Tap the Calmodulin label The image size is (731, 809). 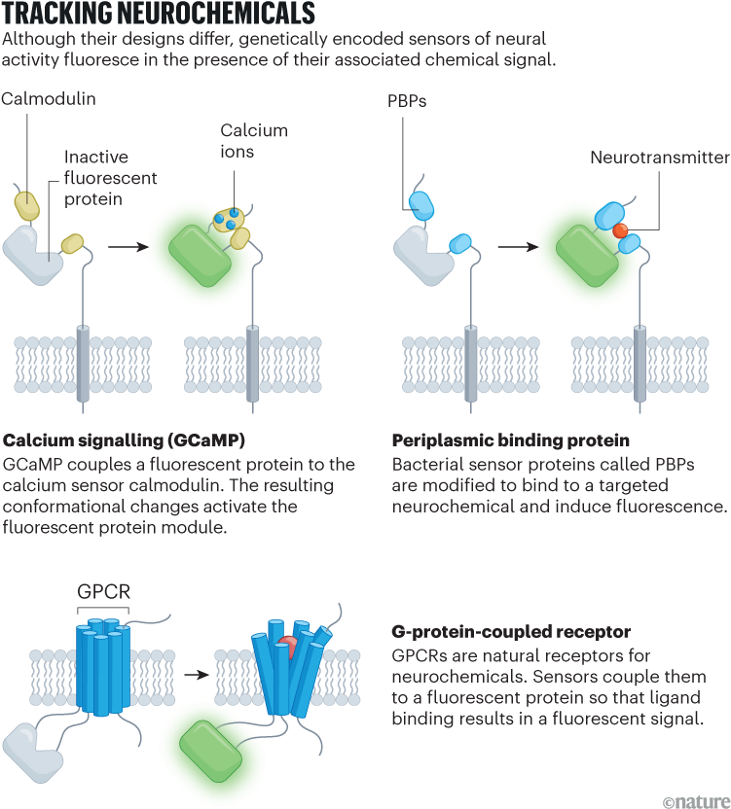(x=49, y=99)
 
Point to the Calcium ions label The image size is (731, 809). (x=254, y=140)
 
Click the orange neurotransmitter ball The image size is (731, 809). (x=619, y=230)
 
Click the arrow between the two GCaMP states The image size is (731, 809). (x=128, y=247)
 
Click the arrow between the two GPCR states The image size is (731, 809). (x=201, y=673)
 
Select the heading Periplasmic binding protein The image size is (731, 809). (x=509, y=440)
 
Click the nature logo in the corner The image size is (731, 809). (x=694, y=799)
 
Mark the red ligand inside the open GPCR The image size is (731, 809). (x=288, y=647)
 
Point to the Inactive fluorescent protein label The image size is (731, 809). (x=111, y=178)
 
